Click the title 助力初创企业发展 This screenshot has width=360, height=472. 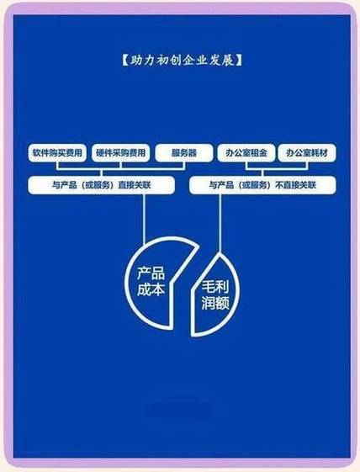coord(182,61)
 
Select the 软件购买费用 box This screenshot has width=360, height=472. coord(57,153)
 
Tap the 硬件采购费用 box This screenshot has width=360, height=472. coord(120,153)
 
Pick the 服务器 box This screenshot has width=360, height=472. coord(184,153)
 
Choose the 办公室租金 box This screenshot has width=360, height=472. coord(246,153)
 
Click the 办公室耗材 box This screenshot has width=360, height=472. coord(307,153)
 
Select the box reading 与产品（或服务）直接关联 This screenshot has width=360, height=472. coord(101,185)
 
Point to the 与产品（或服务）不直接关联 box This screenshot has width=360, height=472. coord(262,185)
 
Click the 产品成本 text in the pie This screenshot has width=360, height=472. coord(151,281)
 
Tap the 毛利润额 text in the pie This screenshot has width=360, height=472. coord(215,295)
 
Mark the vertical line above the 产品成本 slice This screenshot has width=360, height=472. coord(144,219)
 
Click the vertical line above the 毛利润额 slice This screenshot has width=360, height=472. coord(220,224)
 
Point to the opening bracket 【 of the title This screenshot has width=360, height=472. coord(125,61)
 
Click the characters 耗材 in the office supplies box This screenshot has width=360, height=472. coord(320,153)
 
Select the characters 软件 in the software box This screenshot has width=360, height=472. coord(40,153)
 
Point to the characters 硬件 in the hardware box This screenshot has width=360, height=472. coord(103,153)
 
